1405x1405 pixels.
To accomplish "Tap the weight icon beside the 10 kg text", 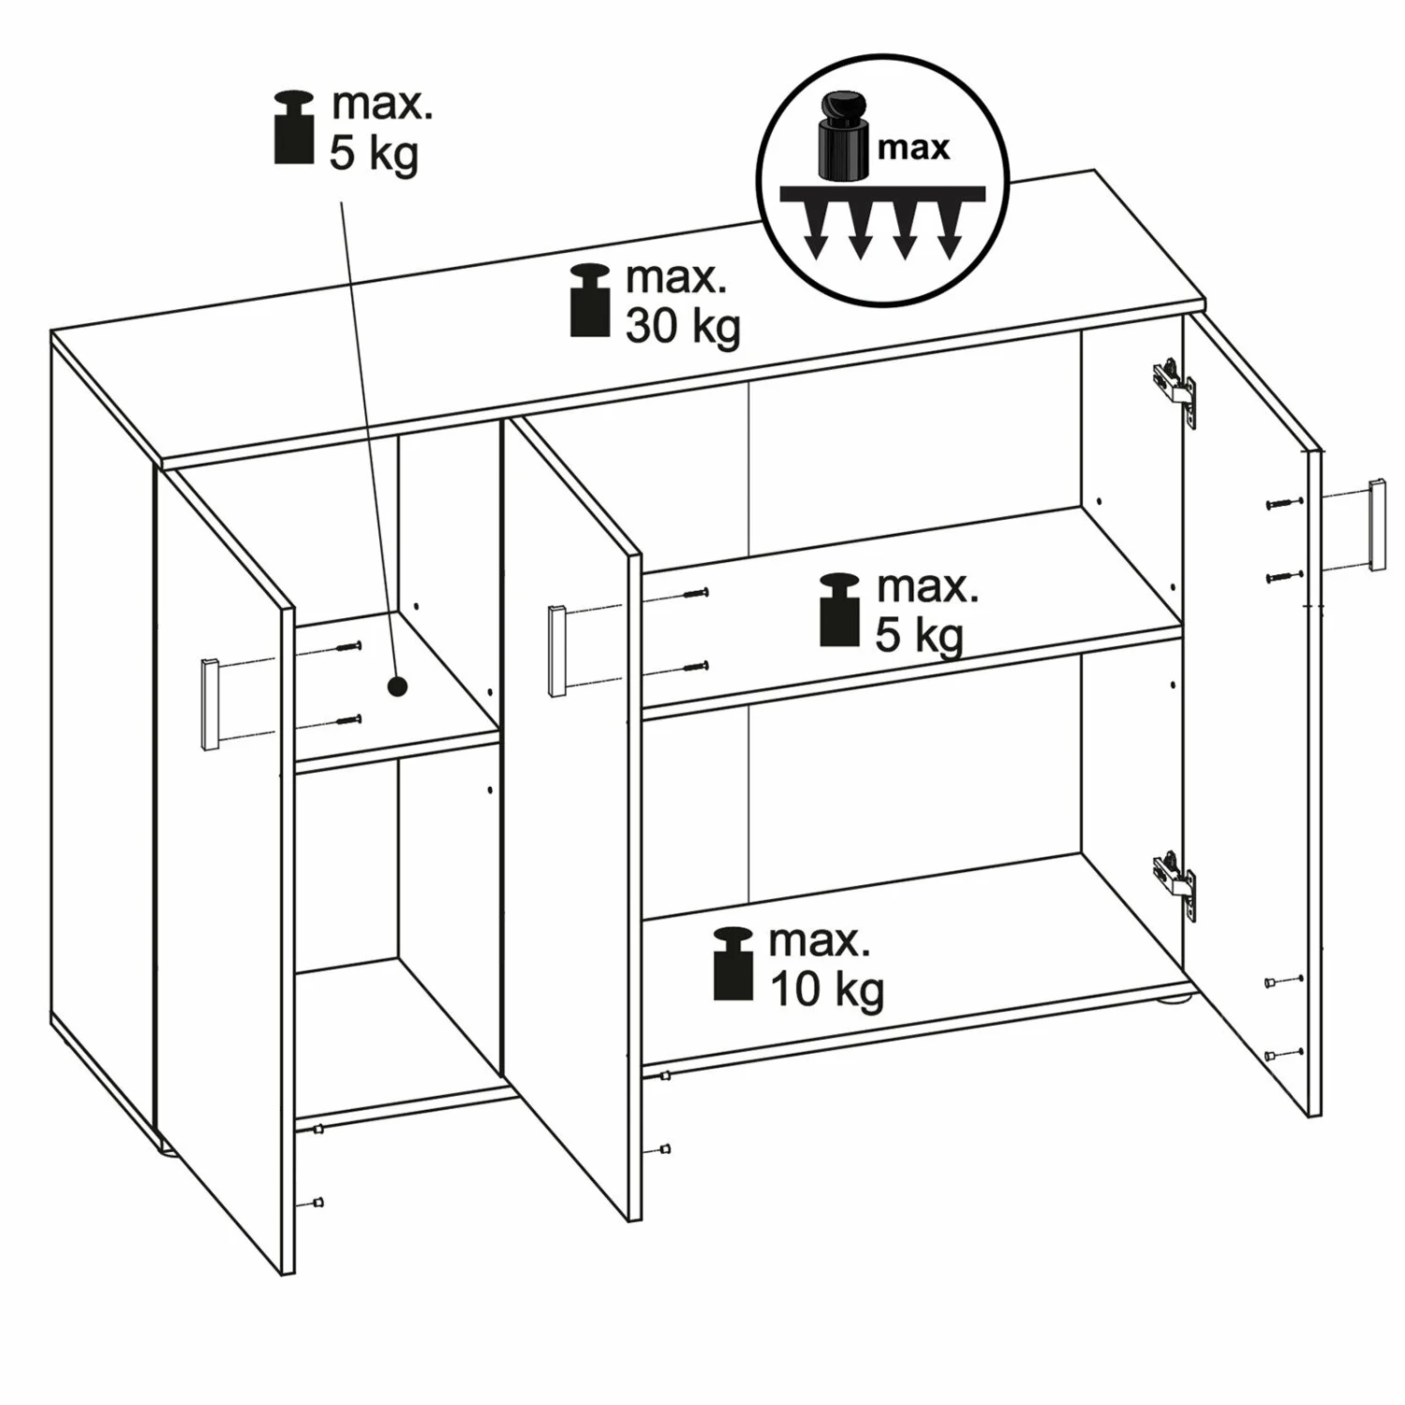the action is pyautogui.click(x=733, y=964).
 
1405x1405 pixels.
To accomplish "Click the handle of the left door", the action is pyautogui.click(x=210, y=704).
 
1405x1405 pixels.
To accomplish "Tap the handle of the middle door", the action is pyautogui.click(x=557, y=651).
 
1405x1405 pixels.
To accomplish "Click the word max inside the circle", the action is pyautogui.click(x=914, y=148).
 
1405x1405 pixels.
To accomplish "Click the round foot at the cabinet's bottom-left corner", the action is pyautogui.click(x=170, y=1148).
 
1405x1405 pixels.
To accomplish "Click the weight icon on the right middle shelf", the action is pyautogui.click(x=840, y=610).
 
